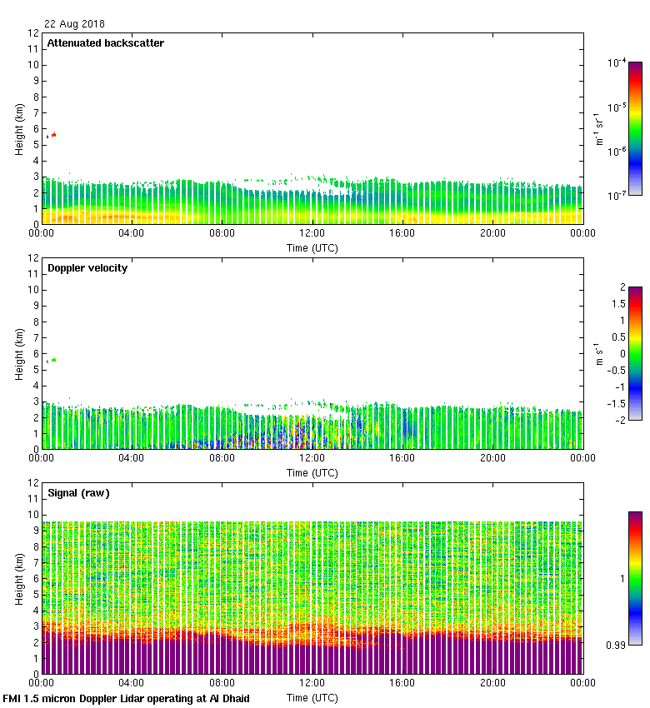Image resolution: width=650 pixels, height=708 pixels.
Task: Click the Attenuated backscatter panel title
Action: click(x=105, y=43)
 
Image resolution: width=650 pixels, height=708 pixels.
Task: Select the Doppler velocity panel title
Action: click(x=87, y=268)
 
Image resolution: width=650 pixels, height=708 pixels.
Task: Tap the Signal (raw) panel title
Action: click(x=77, y=493)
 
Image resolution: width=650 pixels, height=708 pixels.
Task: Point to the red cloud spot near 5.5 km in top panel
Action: click(x=52, y=135)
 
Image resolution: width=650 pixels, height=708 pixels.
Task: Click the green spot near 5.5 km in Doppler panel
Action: click(x=52, y=360)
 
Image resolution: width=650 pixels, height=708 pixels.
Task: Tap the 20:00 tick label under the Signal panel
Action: click(x=492, y=684)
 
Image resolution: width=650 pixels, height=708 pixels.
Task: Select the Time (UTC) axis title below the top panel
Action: click(x=312, y=247)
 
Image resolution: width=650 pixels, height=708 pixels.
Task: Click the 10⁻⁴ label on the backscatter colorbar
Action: click(x=617, y=63)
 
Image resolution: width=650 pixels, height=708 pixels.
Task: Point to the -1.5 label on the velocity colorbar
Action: click(x=616, y=402)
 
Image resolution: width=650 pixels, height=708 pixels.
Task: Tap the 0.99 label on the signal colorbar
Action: click(x=616, y=645)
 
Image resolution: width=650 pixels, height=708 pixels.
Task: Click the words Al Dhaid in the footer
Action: click(x=227, y=698)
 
